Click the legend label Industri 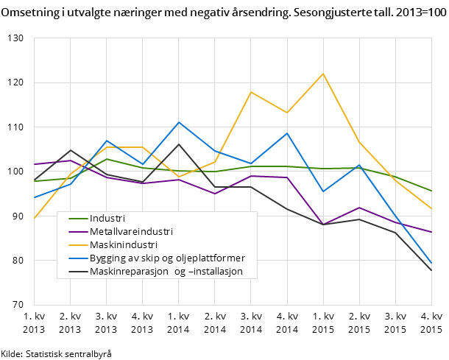click(x=107, y=219)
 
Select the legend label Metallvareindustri click(x=131, y=232)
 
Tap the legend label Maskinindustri click(x=123, y=245)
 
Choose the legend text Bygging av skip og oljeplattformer click(x=167, y=258)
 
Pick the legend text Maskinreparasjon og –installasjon click(x=166, y=272)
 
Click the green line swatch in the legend click(x=78, y=219)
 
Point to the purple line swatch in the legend click(x=78, y=232)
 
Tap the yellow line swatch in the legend click(x=78, y=245)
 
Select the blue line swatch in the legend click(x=78, y=258)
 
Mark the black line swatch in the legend click(x=78, y=272)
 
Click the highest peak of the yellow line click(x=323, y=74)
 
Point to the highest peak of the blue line click(x=179, y=122)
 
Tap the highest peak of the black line click(x=179, y=144)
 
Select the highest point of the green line click(x=107, y=159)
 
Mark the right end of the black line click(x=431, y=271)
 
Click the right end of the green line click(x=431, y=191)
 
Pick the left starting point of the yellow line click(x=35, y=219)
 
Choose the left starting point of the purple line click(x=35, y=164)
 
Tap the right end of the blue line click(x=431, y=263)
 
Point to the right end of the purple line click(x=431, y=232)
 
